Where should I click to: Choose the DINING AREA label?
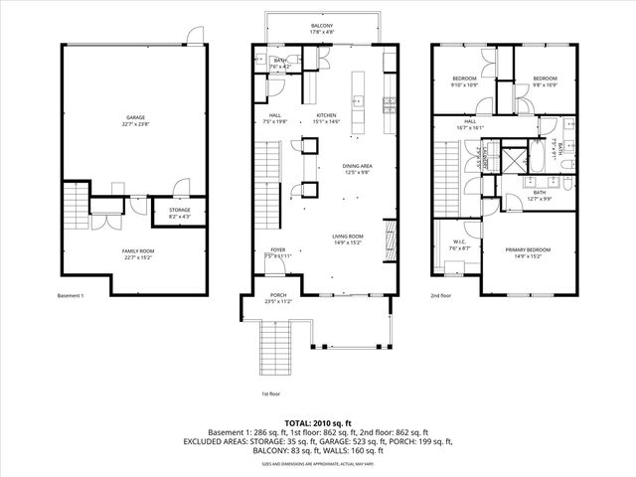point(357,168)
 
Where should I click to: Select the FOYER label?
point(278,251)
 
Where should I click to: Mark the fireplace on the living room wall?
point(390,238)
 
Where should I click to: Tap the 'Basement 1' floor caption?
point(73,296)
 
